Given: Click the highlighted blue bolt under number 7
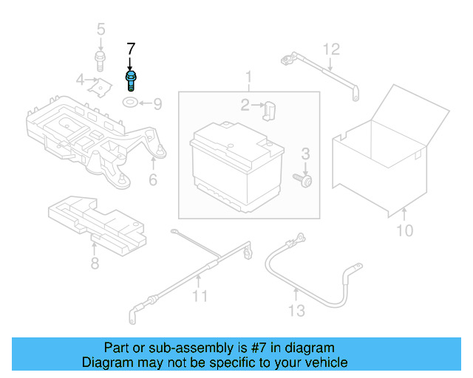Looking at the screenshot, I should pos(131,78).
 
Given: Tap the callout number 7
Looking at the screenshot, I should pos(131,49).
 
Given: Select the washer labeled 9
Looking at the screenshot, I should pos(130,102).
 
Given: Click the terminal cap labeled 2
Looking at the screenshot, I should pos(270,109).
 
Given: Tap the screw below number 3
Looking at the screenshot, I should pos(303,179).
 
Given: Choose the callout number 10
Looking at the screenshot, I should pos(404,231).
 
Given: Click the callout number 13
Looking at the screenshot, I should pos(296,311).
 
